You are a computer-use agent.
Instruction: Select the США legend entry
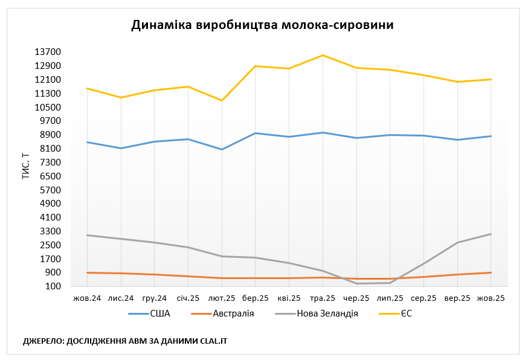pos(159,313)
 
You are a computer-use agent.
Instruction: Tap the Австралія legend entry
pos(233,313)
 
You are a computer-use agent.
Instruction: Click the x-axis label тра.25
pos(323,298)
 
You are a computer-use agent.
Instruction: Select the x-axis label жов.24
pos(87,298)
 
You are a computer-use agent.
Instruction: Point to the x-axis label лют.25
pos(222,298)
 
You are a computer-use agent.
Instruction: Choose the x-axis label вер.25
pos(457,298)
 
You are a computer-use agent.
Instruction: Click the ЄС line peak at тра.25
pos(323,56)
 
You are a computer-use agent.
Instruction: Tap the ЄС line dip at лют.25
pos(222,100)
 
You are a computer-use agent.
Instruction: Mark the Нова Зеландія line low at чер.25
pos(356,283)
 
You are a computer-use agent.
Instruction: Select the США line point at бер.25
pos(256,133)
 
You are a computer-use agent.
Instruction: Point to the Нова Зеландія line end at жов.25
pos(491,234)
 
